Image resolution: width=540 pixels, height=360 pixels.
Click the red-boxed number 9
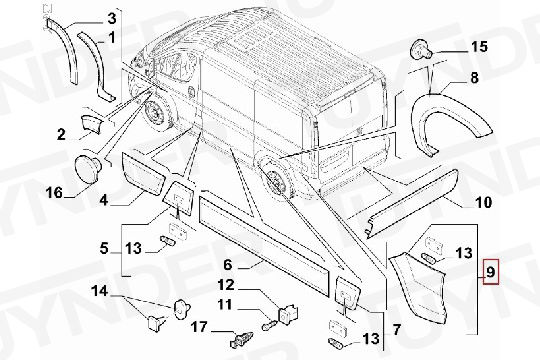(x=490, y=272)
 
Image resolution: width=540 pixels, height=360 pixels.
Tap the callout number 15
(x=479, y=47)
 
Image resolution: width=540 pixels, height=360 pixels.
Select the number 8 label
(x=474, y=78)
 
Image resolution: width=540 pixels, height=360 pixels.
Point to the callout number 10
(x=483, y=202)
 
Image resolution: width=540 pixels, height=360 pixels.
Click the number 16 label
(x=55, y=192)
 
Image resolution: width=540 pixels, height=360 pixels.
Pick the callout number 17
(x=199, y=327)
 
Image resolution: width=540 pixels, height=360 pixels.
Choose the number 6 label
(x=228, y=265)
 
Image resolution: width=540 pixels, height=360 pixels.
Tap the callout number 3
(x=112, y=19)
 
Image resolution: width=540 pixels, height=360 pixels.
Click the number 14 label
(x=100, y=291)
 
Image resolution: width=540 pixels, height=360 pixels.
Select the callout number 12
(x=226, y=285)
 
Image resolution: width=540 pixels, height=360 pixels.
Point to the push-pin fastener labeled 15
(x=421, y=51)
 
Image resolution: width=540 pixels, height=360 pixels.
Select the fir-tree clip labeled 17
(x=241, y=340)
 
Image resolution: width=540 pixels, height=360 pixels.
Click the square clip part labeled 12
(x=288, y=314)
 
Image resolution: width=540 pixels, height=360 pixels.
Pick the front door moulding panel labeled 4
(x=144, y=175)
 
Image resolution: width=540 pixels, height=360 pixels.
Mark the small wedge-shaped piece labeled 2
(x=92, y=124)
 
